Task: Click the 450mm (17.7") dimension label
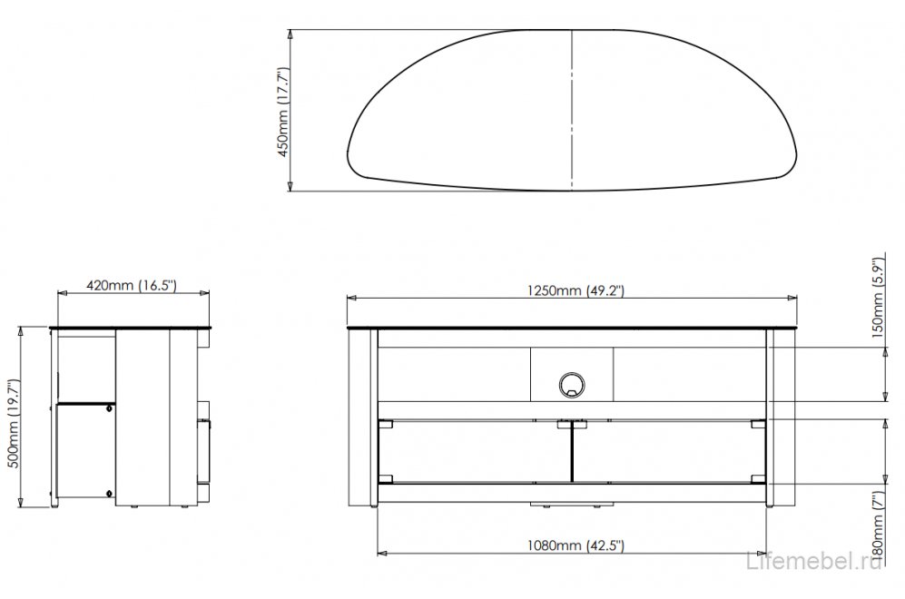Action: [282, 111]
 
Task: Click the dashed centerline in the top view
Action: [571, 109]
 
